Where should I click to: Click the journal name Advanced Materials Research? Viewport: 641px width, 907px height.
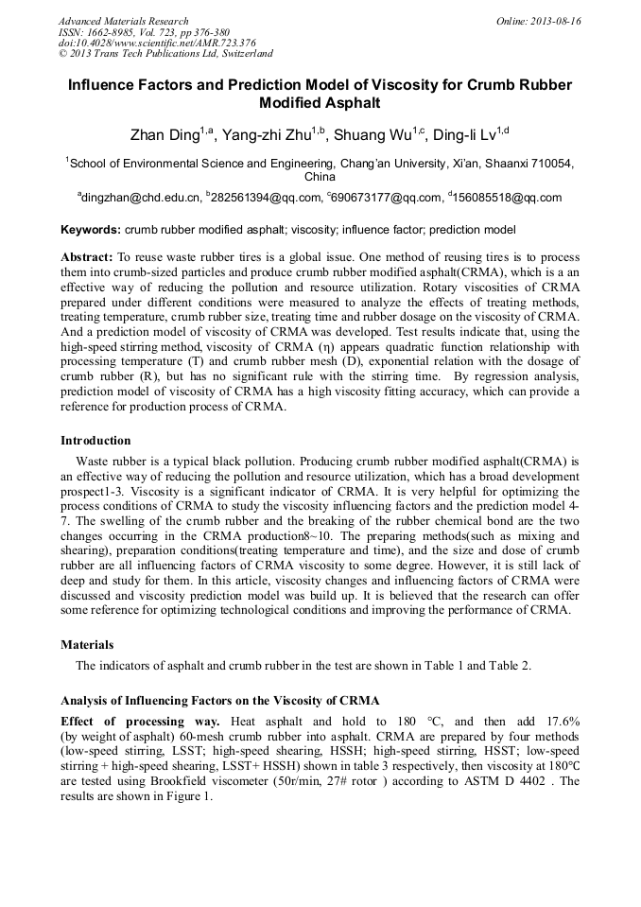[x=123, y=21]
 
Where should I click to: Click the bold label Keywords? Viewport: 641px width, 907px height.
[x=91, y=230]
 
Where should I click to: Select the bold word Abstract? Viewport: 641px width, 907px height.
[x=87, y=257]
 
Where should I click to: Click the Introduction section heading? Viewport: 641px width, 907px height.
[x=95, y=440]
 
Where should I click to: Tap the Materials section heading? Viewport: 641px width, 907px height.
[x=87, y=644]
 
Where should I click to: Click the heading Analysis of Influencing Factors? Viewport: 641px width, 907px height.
[x=219, y=701]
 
